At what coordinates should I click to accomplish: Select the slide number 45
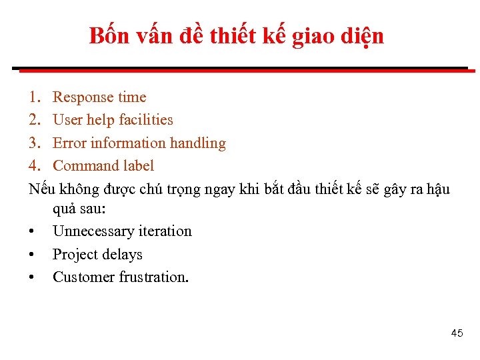coord(457,333)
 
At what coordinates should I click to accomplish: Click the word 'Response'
coord(83,97)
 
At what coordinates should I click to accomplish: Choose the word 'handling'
coord(199,143)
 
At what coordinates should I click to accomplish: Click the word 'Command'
coord(85,166)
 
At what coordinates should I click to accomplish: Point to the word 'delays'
coord(122,255)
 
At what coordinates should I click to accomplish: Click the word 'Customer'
coord(83,277)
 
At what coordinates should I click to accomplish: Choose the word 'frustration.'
coord(154,277)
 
